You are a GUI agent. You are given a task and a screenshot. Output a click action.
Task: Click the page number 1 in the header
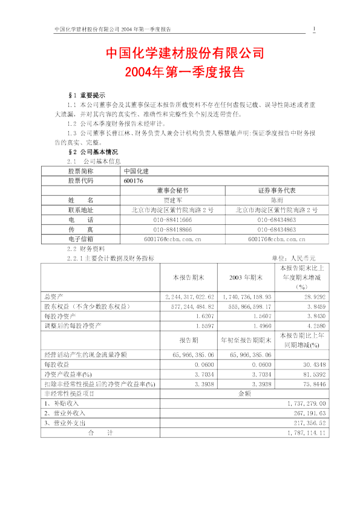coord(314,29)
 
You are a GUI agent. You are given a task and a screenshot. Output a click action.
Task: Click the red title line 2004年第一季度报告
coord(185,72)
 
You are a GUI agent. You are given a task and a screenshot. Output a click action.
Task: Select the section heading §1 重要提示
coord(88,96)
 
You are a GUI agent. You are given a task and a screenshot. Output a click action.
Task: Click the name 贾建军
coord(172,199)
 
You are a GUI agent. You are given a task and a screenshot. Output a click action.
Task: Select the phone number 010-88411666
coord(172,219)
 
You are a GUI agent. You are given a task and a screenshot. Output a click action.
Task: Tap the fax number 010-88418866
coord(172,229)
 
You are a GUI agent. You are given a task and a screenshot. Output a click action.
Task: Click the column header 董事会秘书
coord(172,190)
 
